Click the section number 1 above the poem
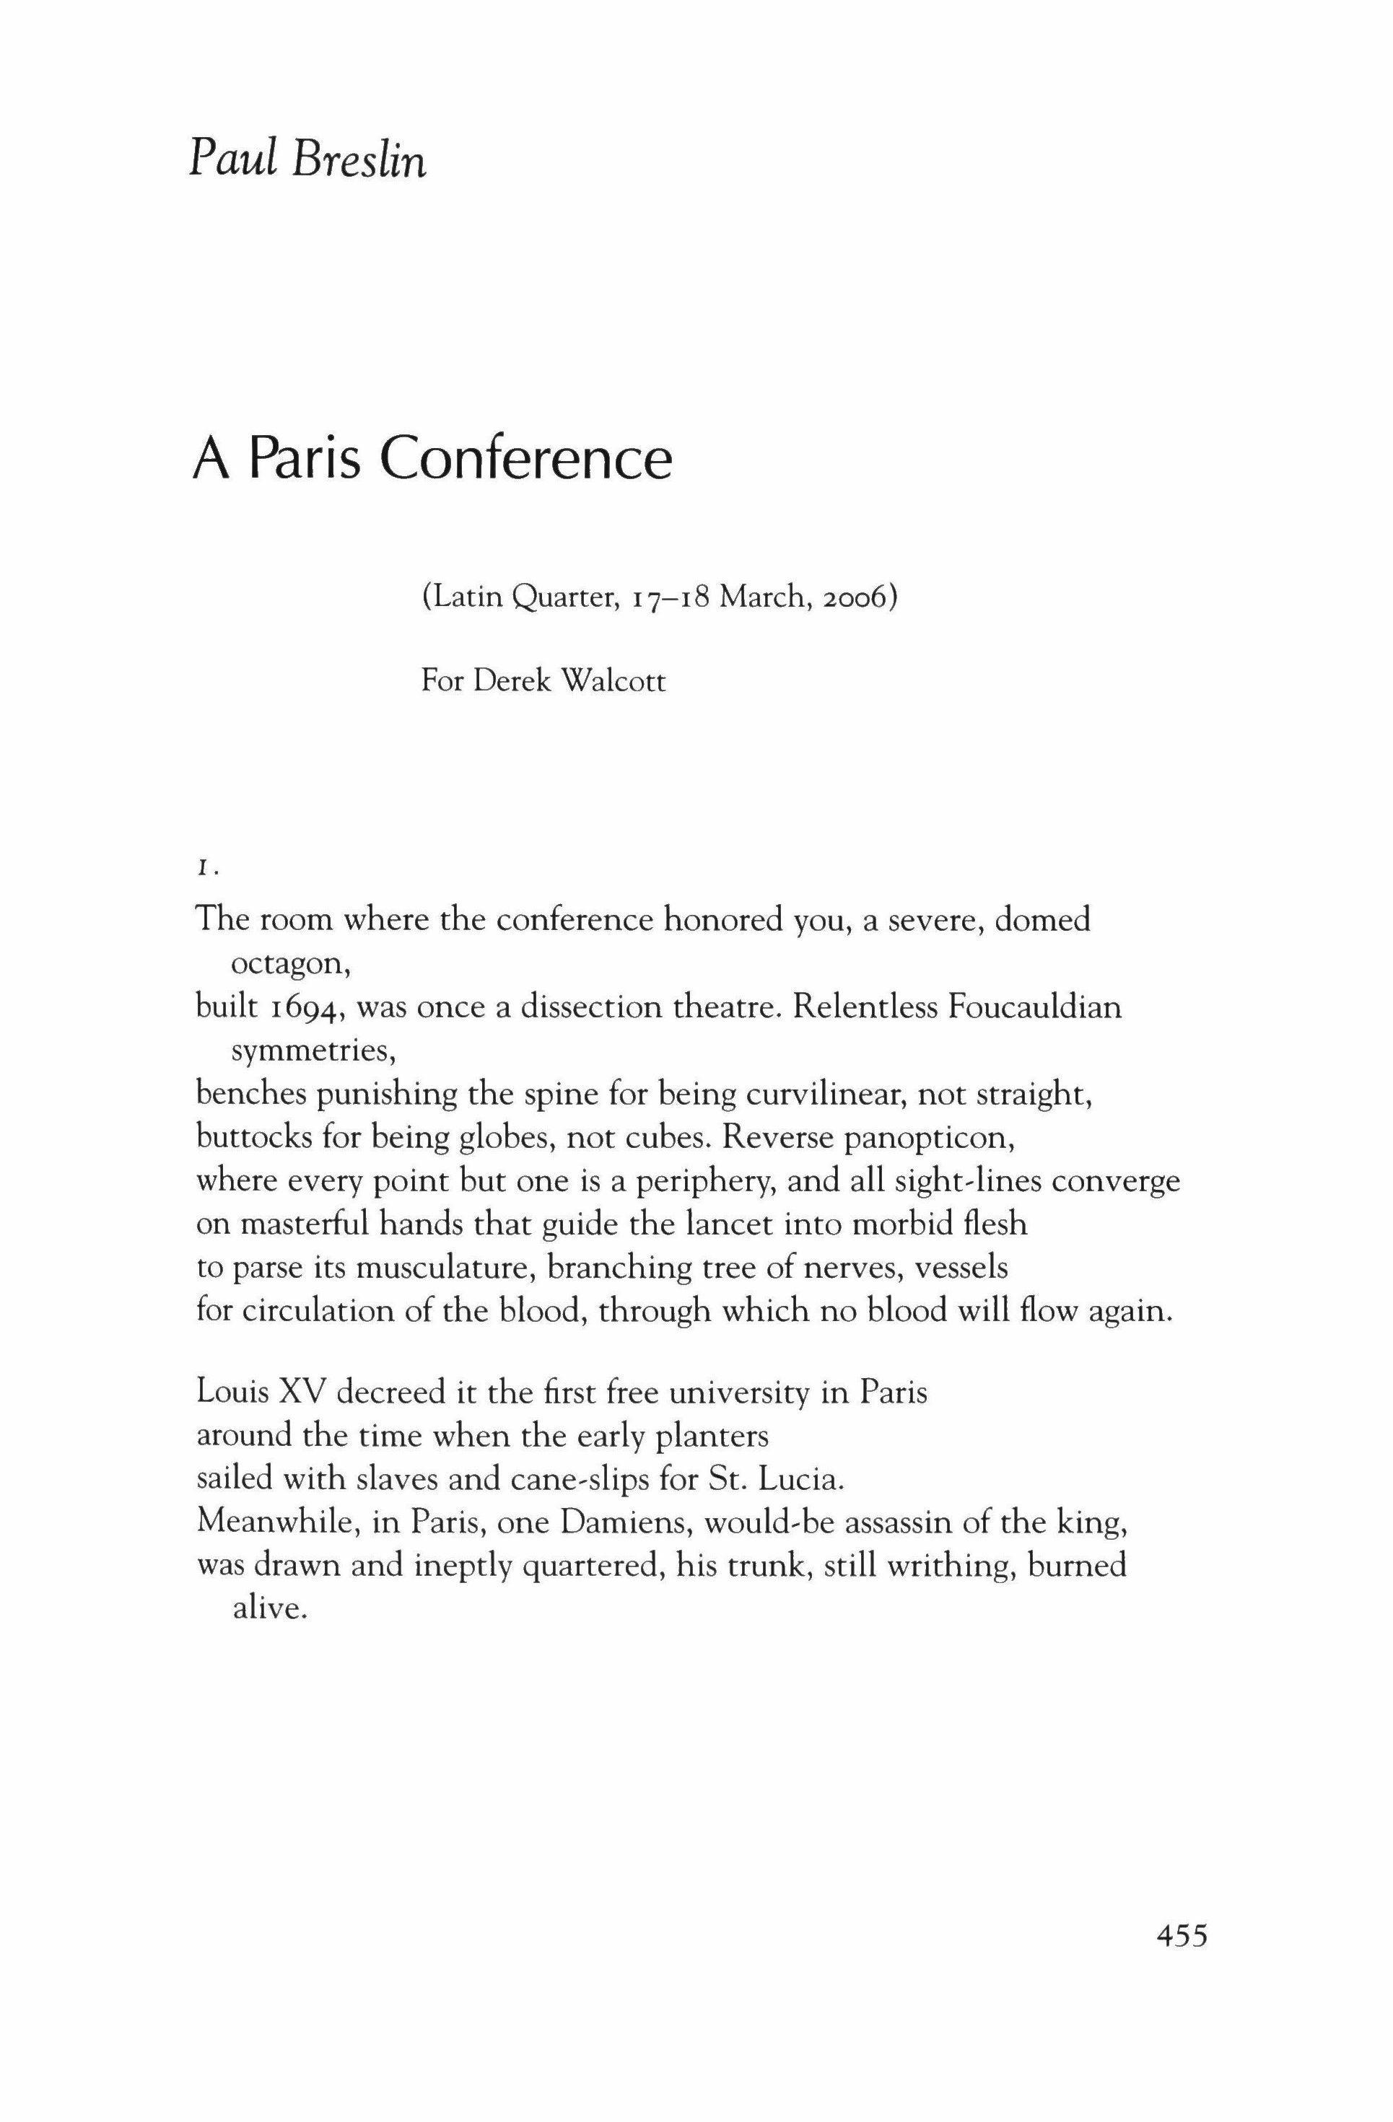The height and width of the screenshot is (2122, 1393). [x=204, y=869]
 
